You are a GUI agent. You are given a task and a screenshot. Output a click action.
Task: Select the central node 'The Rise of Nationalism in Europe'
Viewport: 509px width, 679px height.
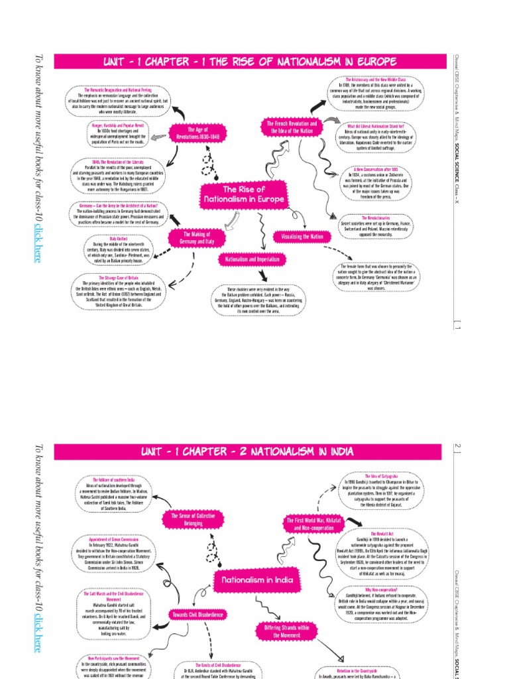click(x=244, y=194)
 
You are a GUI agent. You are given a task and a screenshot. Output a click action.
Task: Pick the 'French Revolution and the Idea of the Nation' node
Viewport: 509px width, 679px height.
click(x=292, y=127)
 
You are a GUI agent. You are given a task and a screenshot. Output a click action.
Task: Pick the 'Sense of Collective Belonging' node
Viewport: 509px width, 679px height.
click(x=193, y=519)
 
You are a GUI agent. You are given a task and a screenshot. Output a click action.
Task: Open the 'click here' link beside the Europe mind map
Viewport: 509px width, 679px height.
click(x=37, y=243)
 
